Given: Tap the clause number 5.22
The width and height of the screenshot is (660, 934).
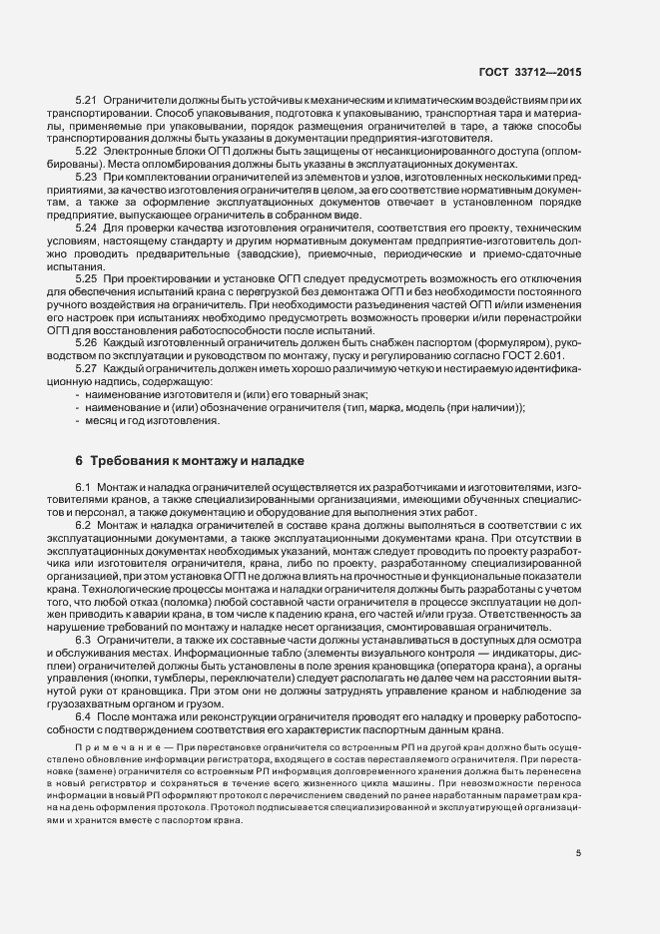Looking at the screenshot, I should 86,150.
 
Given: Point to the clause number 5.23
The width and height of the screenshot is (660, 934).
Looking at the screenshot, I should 86,176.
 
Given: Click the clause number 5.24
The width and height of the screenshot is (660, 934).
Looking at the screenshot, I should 86,229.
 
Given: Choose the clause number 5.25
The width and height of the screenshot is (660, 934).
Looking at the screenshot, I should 86,278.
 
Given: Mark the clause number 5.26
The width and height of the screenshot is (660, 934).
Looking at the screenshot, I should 86,342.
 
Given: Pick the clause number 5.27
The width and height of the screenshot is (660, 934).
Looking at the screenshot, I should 86,369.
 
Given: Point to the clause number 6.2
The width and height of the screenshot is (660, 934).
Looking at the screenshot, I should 83,525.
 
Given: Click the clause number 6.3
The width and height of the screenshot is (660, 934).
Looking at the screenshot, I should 83,639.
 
